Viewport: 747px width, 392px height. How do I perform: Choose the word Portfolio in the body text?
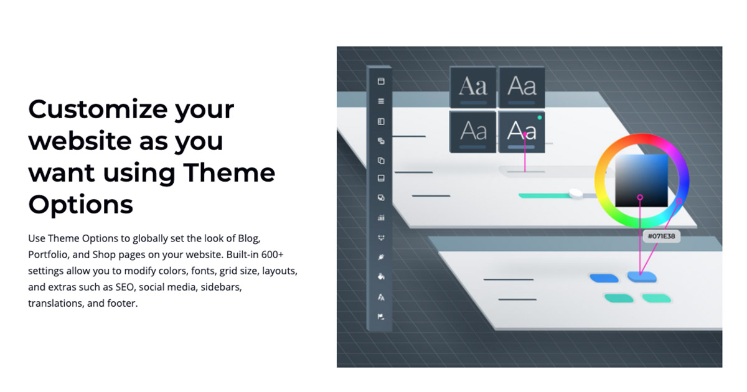coord(50,255)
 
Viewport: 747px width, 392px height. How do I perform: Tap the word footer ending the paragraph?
coord(121,304)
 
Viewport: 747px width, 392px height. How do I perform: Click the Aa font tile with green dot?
coord(522,131)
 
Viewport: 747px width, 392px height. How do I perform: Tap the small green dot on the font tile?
coord(539,117)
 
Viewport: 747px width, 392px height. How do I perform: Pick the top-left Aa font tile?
coord(473,87)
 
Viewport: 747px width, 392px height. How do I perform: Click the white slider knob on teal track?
coord(575,194)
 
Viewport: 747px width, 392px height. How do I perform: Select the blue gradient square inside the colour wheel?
coord(642,180)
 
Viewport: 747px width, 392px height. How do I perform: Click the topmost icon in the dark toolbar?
coord(381,82)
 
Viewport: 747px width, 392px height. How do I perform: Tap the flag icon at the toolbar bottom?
coord(381,317)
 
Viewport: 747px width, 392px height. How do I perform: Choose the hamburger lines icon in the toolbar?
coord(381,101)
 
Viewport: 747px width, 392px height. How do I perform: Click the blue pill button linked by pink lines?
coord(642,276)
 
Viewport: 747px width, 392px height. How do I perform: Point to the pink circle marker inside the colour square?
coord(640,197)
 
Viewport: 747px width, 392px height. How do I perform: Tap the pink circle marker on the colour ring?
coord(680,201)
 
